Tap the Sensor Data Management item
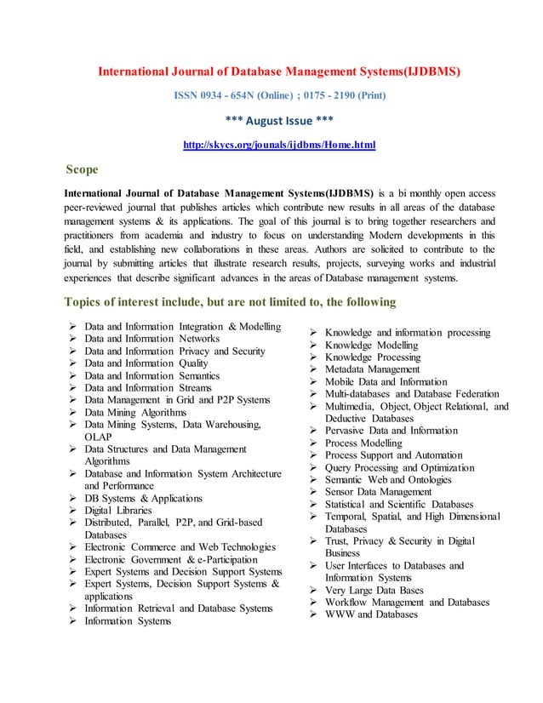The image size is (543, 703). point(379,492)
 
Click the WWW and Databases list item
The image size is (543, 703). point(371,614)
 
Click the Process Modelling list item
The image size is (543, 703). point(363,443)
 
